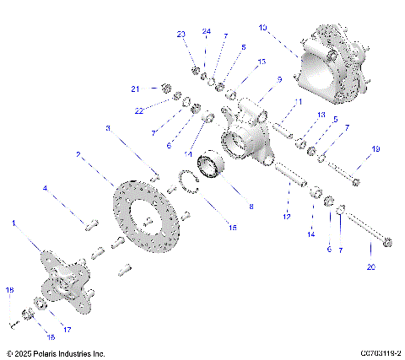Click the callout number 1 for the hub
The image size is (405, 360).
click(13, 223)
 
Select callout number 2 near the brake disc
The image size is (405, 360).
click(78, 155)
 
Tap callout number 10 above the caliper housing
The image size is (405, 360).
click(263, 28)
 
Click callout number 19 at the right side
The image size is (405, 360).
click(376, 148)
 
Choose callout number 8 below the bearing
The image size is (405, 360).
click(250, 206)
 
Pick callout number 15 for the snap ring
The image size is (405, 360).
click(234, 228)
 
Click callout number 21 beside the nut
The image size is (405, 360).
click(134, 88)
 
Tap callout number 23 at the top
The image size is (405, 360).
click(181, 34)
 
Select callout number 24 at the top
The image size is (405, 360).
click(206, 31)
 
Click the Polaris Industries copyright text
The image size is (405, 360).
click(55, 353)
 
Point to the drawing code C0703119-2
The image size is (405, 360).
click(369, 353)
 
